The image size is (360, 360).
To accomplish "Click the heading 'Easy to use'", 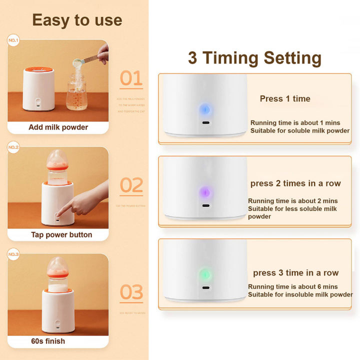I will pos(77,19).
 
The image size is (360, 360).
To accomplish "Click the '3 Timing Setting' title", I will pos(254,58).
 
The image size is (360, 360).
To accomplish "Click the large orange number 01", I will pos(131,78).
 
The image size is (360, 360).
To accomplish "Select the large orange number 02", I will pos(131,185).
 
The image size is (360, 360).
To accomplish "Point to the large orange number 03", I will pos(131,292).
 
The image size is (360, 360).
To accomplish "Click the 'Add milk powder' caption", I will pos(58,127).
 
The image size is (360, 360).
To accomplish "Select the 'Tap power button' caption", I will pos(61,234).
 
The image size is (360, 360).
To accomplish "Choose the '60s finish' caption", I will pos(47,341).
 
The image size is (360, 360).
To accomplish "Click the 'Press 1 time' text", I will pos(285,99).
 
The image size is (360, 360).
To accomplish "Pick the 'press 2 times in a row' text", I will pos(295,183).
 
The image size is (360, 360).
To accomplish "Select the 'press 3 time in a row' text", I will pos(295,273).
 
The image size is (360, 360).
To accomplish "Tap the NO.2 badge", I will pos(13,147).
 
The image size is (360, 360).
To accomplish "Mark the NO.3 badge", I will pos(13,254).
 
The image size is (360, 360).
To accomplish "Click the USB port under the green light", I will pos(204,288).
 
